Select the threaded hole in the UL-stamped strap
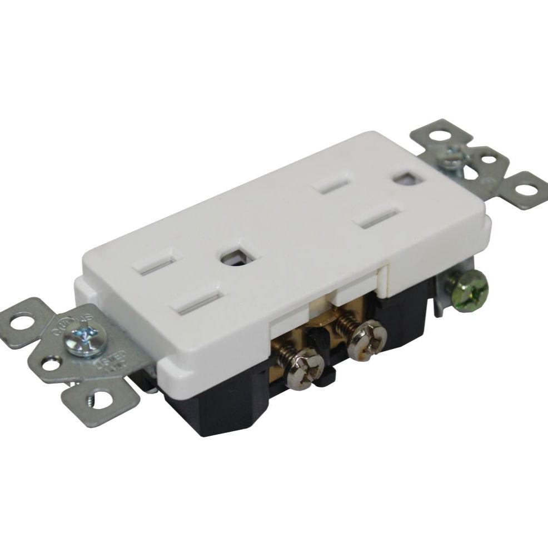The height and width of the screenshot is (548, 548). click(x=101, y=398)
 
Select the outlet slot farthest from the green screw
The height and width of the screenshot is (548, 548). click(x=157, y=263)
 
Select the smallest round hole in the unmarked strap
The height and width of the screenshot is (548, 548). click(x=489, y=160)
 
